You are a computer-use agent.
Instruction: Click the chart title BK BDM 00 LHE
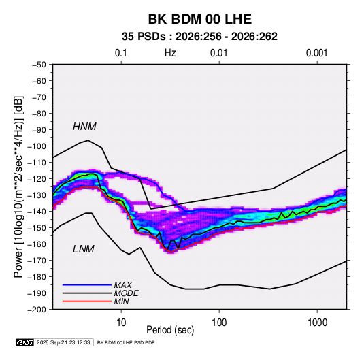(200, 19)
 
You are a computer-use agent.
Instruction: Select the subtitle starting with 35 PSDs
(199, 37)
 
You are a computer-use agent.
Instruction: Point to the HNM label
(84, 127)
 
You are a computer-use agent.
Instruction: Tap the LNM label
(84, 249)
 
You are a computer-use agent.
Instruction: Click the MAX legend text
(123, 285)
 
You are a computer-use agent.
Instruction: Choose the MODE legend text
(127, 293)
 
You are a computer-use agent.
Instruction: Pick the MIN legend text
(121, 301)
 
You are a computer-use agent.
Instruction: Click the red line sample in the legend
(87, 301)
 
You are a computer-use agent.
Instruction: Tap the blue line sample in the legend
(87, 285)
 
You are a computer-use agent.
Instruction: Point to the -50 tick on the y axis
(39, 65)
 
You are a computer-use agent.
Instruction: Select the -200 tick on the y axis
(37, 310)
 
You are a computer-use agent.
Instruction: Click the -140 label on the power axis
(37, 212)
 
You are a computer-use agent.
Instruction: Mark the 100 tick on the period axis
(219, 323)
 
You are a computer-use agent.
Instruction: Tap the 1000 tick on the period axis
(317, 323)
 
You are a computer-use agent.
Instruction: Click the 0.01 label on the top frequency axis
(218, 53)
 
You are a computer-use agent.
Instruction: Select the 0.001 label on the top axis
(316, 53)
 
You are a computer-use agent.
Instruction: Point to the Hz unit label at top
(170, 53)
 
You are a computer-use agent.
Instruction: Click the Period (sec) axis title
(170, 330)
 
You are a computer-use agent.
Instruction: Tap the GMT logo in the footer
(24, 342)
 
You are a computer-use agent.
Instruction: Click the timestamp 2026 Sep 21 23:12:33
(63, 342)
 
